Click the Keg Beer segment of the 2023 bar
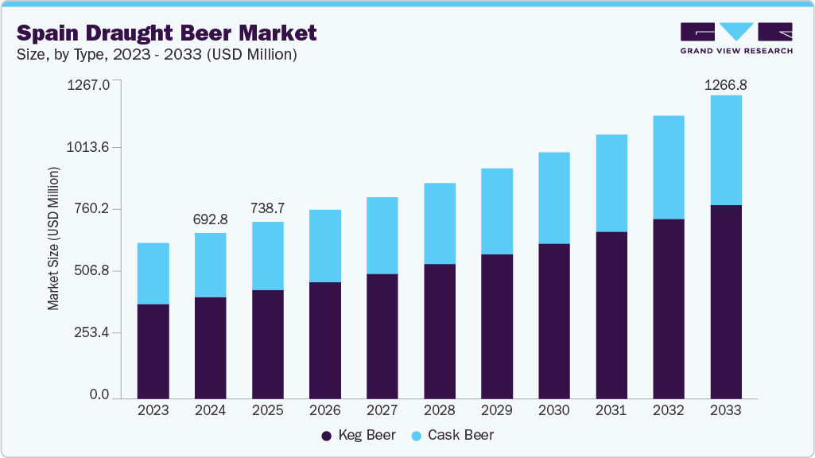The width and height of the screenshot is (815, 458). click(153, 351)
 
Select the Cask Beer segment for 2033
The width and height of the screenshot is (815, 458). click(725, 150)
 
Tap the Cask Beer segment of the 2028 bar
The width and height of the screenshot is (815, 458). click(439, 223)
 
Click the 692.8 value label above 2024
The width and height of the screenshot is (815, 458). click(210, 219)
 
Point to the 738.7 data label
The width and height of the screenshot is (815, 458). click(267, 208)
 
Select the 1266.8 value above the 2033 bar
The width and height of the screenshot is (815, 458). click(727, 84)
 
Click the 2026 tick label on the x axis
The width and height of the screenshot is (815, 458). click(324, 410)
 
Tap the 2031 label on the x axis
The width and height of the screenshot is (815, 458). click(611, 410)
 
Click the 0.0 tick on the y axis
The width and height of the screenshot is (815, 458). click(99, 394)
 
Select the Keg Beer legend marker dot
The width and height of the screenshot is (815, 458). click(326, 436)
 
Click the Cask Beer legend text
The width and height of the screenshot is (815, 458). click(460, 435)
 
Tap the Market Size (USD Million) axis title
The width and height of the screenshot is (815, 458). click(53, 239)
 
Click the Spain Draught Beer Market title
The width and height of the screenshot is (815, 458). click(166, 33)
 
